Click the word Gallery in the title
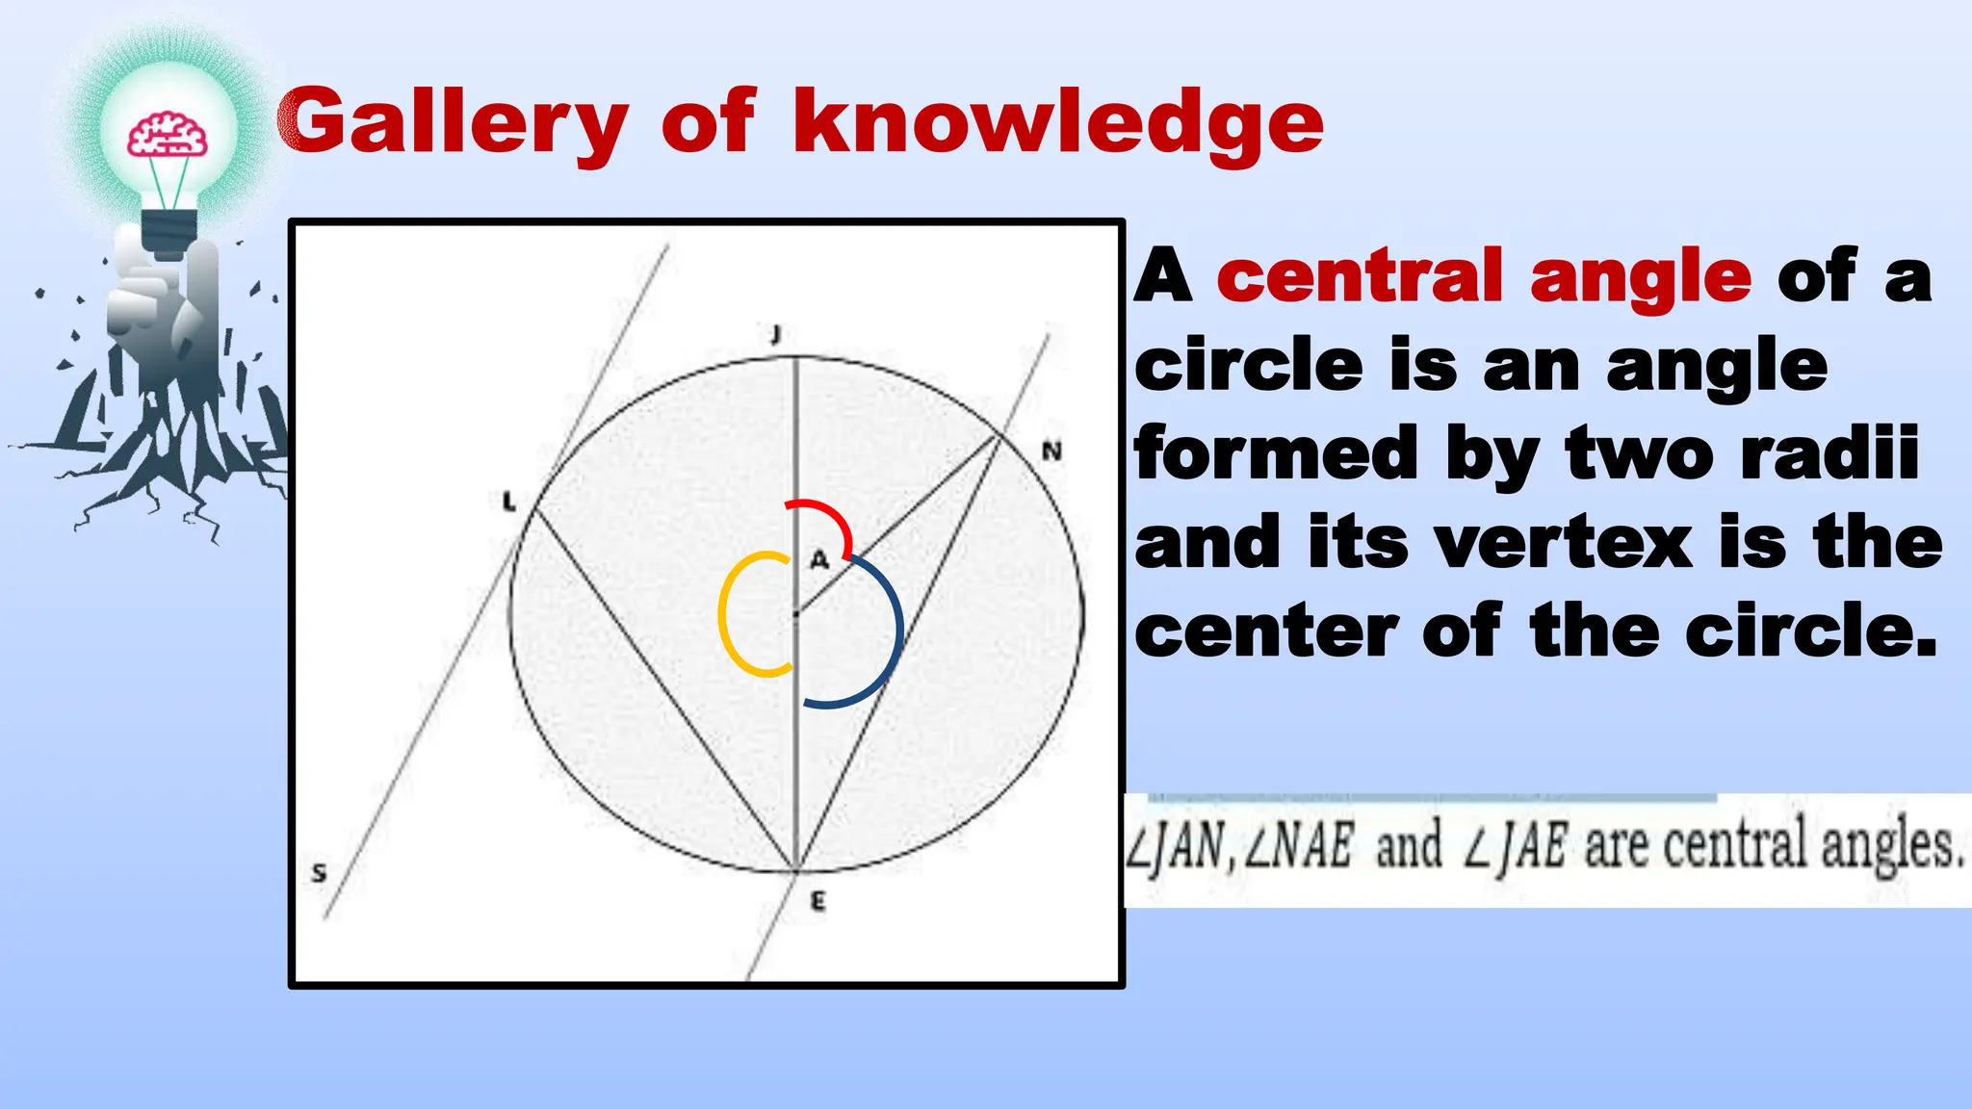[x=453, y=123]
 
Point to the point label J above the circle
[x=775, y=334]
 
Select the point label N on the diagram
[x=1051, y=451]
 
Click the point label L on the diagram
[x=509, y=502]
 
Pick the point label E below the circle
[x=817, y=902]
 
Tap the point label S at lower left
[x=320, y=873]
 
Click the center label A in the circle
[x=818, y=559]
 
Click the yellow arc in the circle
[x=729, y=616]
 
